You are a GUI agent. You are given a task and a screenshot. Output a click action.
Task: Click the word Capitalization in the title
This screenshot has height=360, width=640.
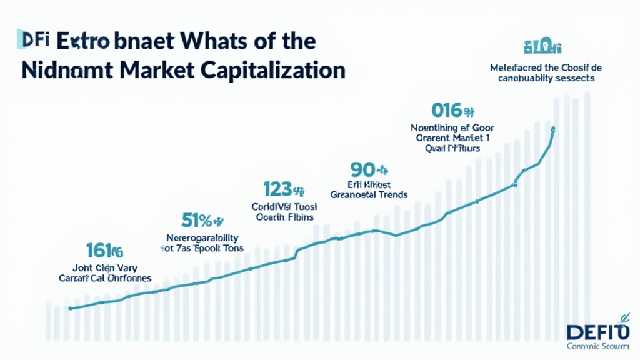(x=273, y=69)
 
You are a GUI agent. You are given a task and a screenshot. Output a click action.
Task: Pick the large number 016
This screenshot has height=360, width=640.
(x=446, y=111)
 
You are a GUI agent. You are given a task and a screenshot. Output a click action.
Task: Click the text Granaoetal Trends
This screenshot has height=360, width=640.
(x=369, y=195)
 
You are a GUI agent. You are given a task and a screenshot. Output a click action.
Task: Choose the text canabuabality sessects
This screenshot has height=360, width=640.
(x=546, y=79)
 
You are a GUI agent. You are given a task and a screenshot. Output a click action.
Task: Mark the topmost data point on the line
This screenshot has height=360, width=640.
(x=553, y=129)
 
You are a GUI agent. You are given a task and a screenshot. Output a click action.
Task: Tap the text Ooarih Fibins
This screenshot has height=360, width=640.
(x=285, y=217)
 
